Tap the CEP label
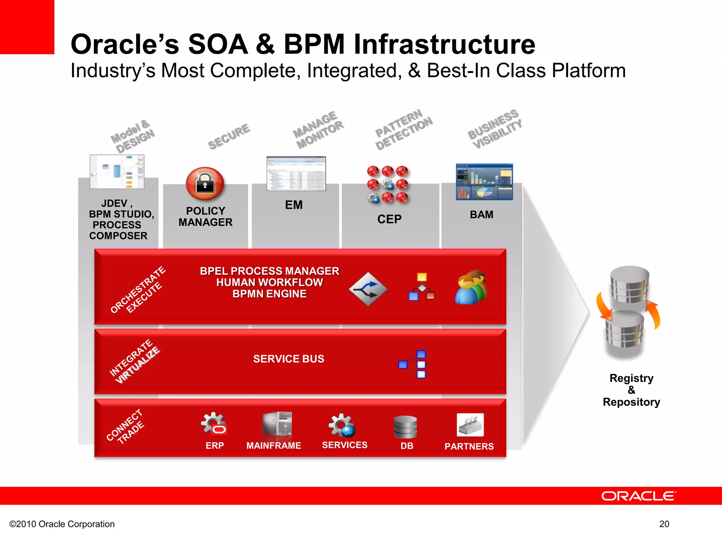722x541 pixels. [x=389, y=219]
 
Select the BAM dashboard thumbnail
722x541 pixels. [x=484, y=182]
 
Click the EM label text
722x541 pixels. [x=294, y=205]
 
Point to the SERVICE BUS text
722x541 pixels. [x=288, y=359]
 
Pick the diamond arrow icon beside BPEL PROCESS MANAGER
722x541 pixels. [x=368, y=289]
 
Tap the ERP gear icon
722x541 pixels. [x=214, y=424]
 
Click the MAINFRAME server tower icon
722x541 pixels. [x=277, y=424]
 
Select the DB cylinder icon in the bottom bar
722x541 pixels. [x=405, y=427]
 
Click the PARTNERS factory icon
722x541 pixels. [x=470, y=425]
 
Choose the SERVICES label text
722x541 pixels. [x=344, y=445]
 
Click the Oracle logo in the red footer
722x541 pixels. [x=638, y=496]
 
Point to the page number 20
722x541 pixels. [x=664, y=524]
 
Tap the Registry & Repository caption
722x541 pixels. [x=631, y=390]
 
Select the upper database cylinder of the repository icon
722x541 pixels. [x=630, y=284]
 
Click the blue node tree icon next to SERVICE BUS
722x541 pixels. [x=413, y=364]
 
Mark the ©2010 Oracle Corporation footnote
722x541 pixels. [x=62, y=524]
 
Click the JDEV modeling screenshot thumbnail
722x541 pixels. [x=117, y=172]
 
